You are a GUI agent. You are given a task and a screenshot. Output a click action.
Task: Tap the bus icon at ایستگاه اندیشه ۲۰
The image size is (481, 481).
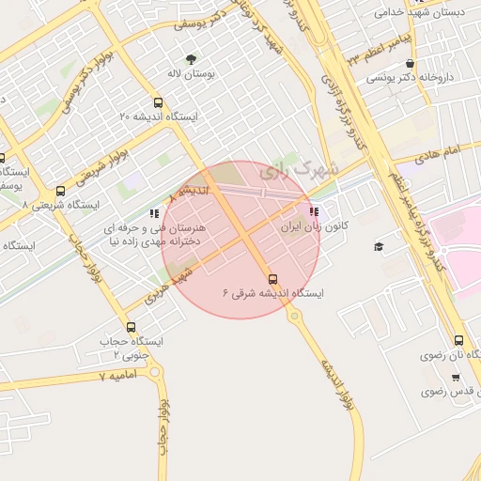(157, 102)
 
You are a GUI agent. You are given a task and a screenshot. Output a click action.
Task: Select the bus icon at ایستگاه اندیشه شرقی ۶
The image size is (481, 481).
(273, 279)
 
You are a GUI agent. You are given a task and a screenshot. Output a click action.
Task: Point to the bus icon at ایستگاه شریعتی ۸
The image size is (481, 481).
(61, 191)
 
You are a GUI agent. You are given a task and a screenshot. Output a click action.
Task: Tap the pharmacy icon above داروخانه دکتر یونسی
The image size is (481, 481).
(410, 65)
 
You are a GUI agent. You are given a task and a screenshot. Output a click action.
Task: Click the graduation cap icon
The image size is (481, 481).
(379, 246)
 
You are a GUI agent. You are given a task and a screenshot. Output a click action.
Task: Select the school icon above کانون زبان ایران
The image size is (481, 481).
(313, 212)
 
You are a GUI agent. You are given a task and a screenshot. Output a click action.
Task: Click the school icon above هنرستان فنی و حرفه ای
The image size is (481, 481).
(154, 213)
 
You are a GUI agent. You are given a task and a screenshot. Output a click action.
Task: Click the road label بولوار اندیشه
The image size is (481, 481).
(333, 376)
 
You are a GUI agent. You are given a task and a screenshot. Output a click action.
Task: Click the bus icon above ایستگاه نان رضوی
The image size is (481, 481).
(458, 341)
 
